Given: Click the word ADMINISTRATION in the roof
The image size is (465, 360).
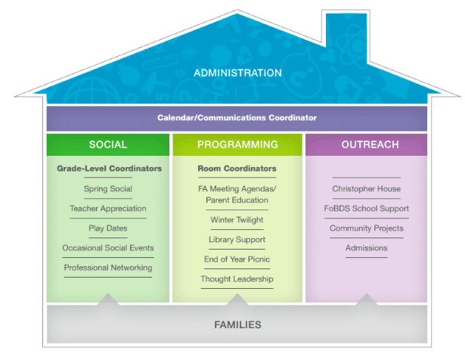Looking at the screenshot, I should click(237, 73).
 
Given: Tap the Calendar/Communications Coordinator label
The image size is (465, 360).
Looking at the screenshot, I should click(237, 118).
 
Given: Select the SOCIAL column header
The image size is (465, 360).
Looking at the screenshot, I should click(108, 144).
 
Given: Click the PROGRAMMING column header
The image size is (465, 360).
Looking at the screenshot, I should click(237, 144).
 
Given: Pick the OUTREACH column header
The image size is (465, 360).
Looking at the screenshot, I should click(366, 144).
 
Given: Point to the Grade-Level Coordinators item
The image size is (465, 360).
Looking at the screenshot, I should click(109, 169).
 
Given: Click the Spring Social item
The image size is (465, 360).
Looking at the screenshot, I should click(108, 188).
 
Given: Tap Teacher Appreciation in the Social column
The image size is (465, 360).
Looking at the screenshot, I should click(108, 208).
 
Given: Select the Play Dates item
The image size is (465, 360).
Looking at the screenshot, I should click(108, 228).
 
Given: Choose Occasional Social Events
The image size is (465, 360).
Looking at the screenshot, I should click(108, 247).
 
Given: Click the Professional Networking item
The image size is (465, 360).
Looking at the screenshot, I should click(108, 267).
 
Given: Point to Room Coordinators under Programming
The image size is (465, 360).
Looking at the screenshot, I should click(237, 169).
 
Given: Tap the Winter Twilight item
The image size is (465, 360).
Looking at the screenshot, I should click(237, 220).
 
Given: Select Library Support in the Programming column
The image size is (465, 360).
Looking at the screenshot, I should click(237, 240).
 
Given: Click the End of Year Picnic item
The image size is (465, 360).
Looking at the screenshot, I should click(237, 259).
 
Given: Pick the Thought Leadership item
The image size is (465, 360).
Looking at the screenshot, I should click(237, 279).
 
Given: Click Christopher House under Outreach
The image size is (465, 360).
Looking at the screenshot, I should click(366, 188).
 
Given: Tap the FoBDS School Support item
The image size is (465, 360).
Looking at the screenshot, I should click(366, 208).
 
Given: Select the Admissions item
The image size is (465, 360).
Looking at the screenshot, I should click(366, 247).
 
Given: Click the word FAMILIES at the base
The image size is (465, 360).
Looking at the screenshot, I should click(237, 324).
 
